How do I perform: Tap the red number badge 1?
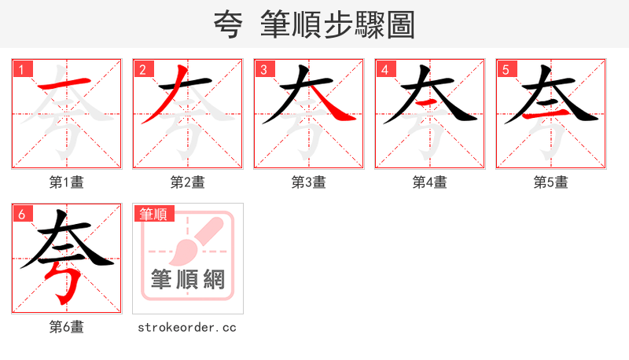pyautogui.click(x=21, y=69)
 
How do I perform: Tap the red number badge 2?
pyautogui.click(x=142, y=69)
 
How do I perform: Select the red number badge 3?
pyautogui.click(x=263, y=69)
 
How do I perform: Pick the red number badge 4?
pyautogui.click(x=384, y=69)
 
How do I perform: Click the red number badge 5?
pyautogui.click(x=506, y=69)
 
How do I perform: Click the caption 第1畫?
pyautogui.click(x=67, y=182)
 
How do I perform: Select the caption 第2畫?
pyautogui.click(x=188, y=182)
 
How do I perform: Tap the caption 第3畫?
pyautogui.click(x=309, y=182)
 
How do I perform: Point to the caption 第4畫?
pyautogui.click(x=430, y=182)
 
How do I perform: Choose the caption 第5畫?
pyautogui.click(x=551, y=182)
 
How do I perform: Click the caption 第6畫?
pyautogui.click(x=67, y=327)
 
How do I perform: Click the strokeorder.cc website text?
pyautogui.click(x=187, y=327)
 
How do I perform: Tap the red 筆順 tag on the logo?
pyautogui.click(x=154, y=214)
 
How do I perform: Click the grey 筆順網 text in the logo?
pyautogui.click(x=188, y=279)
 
